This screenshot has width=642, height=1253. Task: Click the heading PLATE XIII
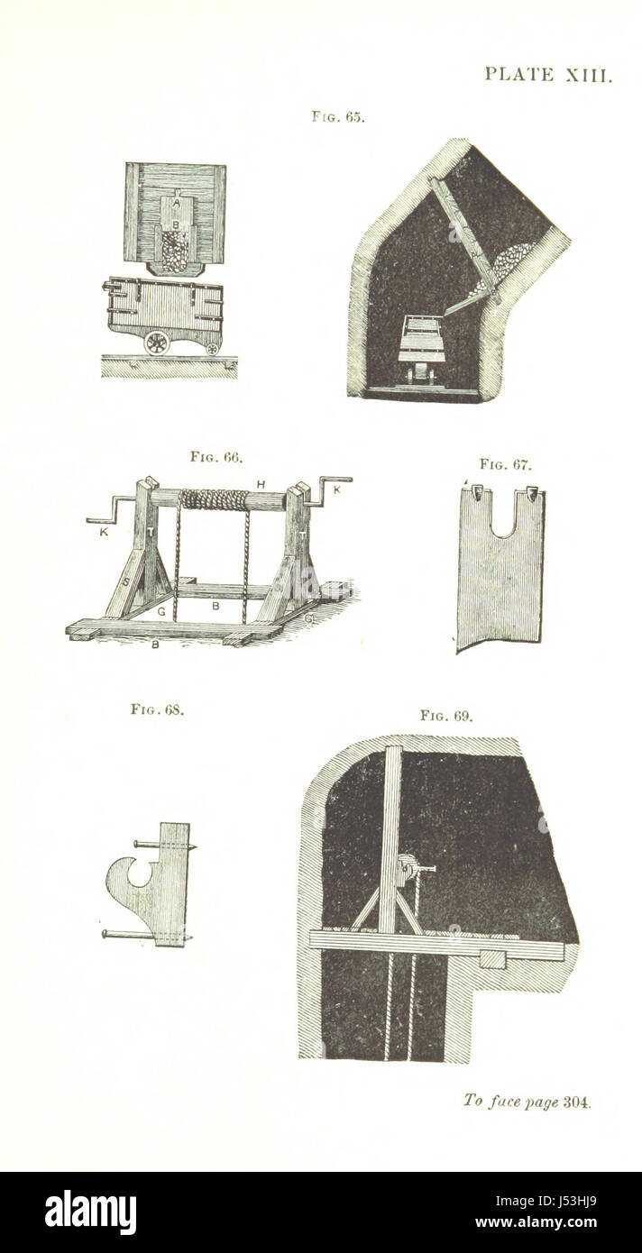coord(548,75)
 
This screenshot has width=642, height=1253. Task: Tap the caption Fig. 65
coord(338,117)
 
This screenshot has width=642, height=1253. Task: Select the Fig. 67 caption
coord(506,464)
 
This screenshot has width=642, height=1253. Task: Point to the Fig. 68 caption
coord(157,709)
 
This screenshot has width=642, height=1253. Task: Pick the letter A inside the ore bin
coord(177,204)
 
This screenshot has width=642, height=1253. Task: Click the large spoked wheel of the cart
coord(157,343)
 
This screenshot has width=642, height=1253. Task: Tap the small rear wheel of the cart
coord(212,348)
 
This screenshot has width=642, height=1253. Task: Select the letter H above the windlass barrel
coord(261,484)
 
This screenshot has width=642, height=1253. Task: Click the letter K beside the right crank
coord(337,490)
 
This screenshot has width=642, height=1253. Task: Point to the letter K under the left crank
coord(104,533)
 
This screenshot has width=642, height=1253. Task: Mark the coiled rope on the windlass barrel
coord(215,499)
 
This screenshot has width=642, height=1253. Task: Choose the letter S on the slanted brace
coord(126,581)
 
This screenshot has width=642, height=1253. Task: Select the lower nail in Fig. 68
coord(147,935)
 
